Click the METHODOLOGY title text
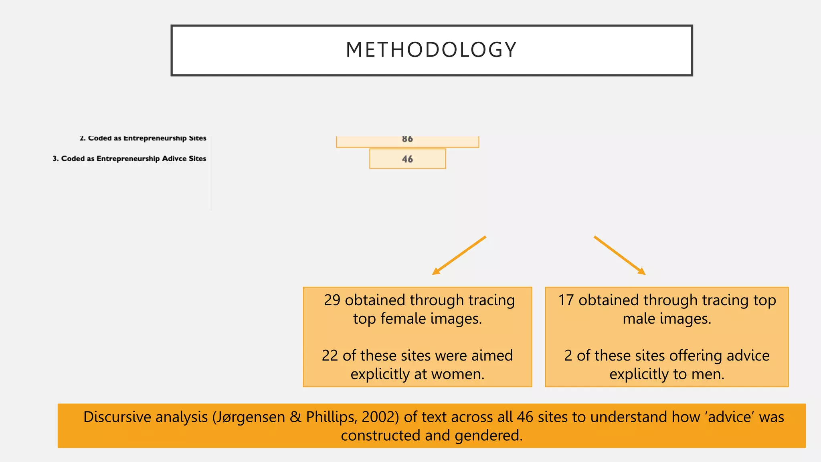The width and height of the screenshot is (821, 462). click(431, 50)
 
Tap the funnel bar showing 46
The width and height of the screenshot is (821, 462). click(407, 159)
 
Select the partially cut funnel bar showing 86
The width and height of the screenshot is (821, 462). click(407, 141)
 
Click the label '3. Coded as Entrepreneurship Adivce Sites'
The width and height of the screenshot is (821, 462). click(129, 158)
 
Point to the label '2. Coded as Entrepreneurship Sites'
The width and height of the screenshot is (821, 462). click(143, 138)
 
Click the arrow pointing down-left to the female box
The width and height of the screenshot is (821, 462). click(459, 255)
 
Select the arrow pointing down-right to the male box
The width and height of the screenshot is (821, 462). click(620, 255)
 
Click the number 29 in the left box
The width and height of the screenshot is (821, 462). click(332, 300)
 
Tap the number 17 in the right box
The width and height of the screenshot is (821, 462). click(566, 300)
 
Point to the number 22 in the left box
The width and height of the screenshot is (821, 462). click(330, 355)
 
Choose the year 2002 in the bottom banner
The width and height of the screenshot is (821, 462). click(378, 417)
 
